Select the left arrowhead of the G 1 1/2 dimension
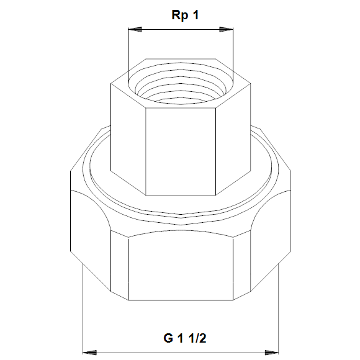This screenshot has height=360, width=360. pyautogui.click(x=89, y=352)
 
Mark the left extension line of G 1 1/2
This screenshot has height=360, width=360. pyautogui.click(x=83, y=310)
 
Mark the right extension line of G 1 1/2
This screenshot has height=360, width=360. pyautogui.click(x=277, y=310)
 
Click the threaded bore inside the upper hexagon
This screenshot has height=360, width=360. pyautogui.click(x=180, y=87)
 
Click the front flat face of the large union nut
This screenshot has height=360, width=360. pyautogui.click(x=180, y=267)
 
